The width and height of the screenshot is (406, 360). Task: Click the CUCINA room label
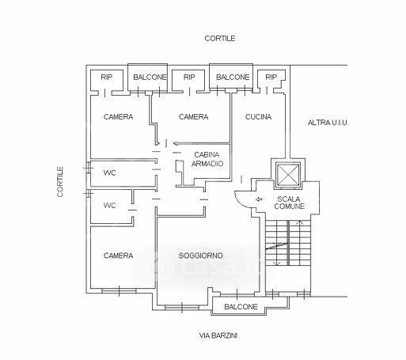(258, 117)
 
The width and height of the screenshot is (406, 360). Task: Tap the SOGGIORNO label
(201, 256)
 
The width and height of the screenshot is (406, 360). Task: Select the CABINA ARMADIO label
(207, 159)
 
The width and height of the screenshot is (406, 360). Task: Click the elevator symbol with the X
(287, 174)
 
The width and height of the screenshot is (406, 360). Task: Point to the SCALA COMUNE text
(289, 203)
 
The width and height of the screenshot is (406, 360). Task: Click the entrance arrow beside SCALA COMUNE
(259, 199)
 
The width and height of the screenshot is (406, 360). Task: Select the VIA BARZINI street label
(218, 335)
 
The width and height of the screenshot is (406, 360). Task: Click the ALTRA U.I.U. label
(328, 123)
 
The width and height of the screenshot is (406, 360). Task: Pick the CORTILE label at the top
(220, 39)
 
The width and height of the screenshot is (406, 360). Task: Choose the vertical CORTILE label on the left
(60, 181)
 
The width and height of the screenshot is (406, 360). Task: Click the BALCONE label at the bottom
(241, 307)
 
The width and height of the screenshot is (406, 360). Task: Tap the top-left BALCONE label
(150, 78)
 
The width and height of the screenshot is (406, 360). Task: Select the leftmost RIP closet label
(106, 78)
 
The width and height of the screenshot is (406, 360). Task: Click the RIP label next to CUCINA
(271, 78)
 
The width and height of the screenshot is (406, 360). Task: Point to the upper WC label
(110, 173)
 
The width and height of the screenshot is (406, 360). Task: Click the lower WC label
(110, 205)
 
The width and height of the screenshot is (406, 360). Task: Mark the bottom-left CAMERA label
(118, 256)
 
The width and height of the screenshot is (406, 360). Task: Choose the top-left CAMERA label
(118, 117)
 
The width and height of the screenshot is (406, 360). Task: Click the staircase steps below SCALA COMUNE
(288, 243)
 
